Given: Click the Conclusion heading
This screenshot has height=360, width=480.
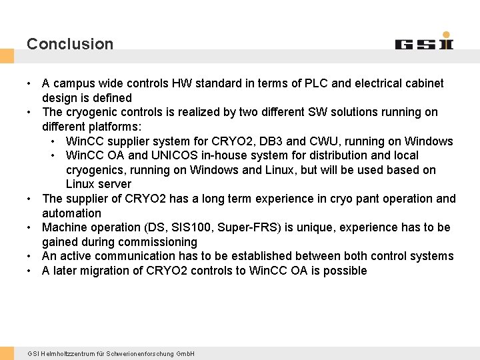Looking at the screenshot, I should (70, 44).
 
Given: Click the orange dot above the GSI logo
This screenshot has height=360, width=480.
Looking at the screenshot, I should (446, 35).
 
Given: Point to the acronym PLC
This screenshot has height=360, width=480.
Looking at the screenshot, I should (317, 83).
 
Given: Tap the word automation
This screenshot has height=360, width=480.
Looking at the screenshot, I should (71, 213).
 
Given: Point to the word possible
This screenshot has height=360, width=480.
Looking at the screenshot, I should (345, 271).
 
